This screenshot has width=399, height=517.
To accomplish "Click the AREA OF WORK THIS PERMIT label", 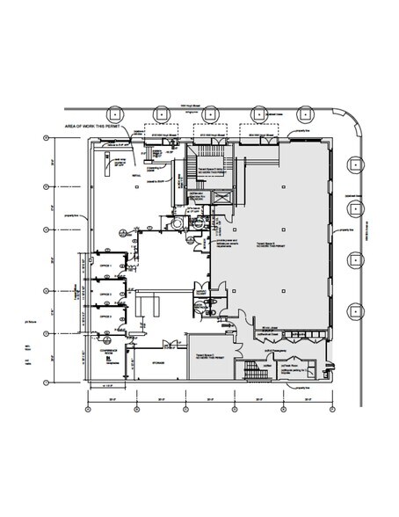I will [93, 127].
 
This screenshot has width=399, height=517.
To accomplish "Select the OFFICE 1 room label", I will [105, 262].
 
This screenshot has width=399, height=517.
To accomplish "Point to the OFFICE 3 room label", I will [105, 314].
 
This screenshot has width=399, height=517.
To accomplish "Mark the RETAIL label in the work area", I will [137, 175].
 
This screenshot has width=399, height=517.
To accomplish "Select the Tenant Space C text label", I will [209, 358].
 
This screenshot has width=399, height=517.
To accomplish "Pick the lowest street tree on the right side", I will [357, 309].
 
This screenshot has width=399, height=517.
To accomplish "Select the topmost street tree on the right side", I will [357, 164].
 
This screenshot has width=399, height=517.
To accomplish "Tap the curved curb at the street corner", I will [346, 126].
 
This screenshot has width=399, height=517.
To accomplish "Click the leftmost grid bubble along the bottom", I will [88, 407].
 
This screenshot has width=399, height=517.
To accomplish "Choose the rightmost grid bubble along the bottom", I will [330, 407].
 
